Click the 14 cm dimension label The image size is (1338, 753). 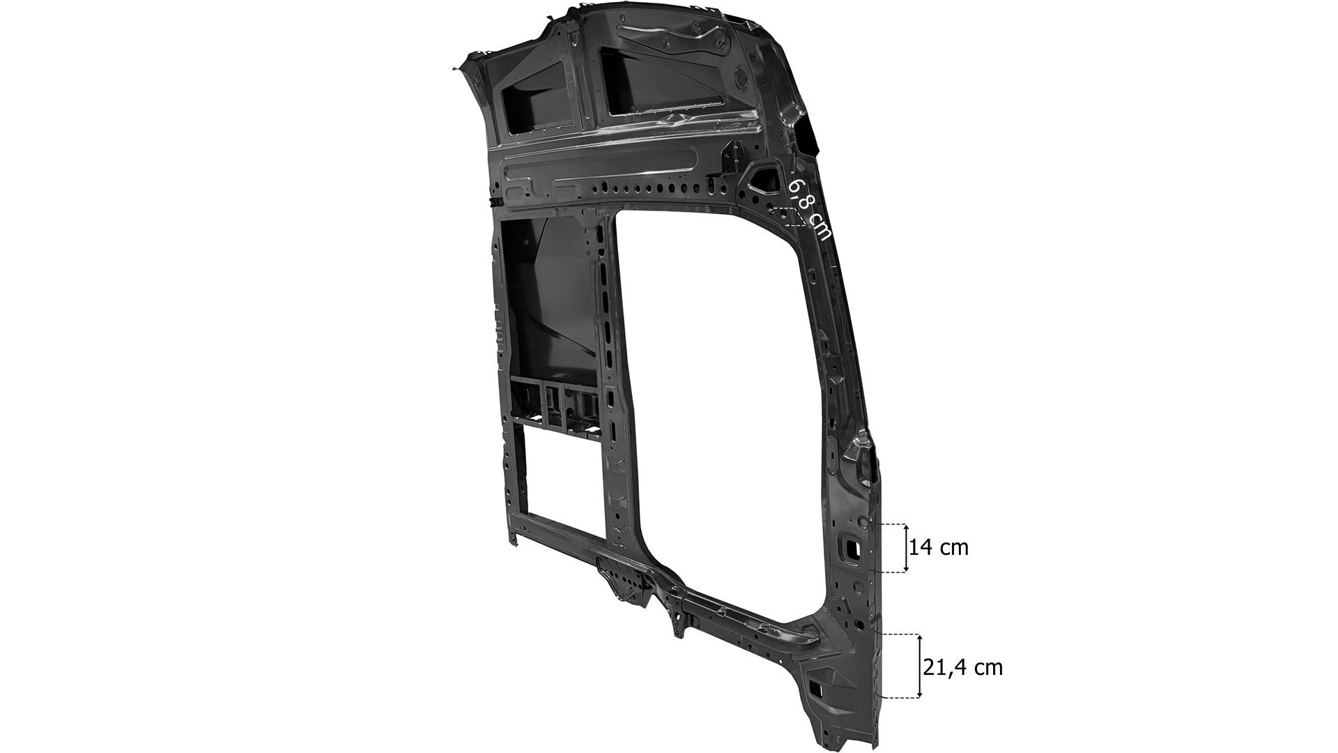coord(939,547)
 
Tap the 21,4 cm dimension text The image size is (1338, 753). coord(963,667)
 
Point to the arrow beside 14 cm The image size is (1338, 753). coord(906,548)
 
